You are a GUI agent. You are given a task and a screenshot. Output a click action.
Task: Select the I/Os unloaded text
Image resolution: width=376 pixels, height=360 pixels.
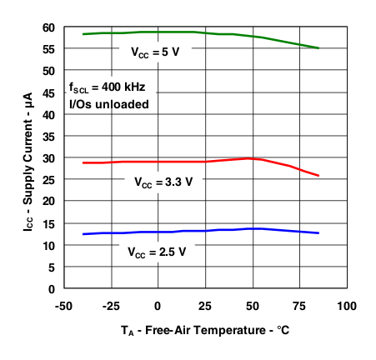click(109, 104)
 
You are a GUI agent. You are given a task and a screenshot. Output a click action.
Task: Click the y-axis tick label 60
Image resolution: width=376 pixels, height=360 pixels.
click(48, 27)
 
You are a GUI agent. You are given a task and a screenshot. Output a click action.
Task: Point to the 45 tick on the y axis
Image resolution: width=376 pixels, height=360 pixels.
click(48, 92)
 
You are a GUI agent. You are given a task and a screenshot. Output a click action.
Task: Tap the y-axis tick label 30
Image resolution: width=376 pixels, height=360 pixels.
click(48, 158)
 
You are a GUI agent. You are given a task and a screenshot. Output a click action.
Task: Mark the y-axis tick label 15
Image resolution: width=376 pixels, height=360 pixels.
click(48, 223)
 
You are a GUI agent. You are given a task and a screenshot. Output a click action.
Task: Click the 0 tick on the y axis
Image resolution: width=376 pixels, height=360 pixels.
click(52, 288)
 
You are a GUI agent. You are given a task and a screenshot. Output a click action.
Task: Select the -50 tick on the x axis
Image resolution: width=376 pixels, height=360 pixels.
click(63, 305)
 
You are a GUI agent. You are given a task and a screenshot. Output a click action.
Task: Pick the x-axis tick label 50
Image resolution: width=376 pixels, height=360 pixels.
click(252, 305)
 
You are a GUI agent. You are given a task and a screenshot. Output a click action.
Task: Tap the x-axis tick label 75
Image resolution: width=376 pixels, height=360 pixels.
click(298, 305)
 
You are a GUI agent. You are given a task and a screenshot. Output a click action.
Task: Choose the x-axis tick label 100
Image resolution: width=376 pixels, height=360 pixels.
click(346, 305)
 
